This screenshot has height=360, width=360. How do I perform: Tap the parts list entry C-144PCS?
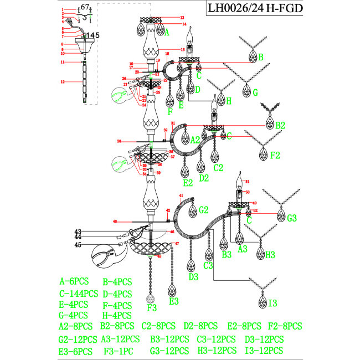pos(79,294)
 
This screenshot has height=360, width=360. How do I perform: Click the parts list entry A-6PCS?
pos(74,282)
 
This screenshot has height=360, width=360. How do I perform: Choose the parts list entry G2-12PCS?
pos(78,339)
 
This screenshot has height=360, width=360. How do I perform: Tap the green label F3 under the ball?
pos(152,307)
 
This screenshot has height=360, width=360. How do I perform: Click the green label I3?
pos(272,303)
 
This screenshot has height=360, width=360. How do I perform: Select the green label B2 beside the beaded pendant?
pos(280,125)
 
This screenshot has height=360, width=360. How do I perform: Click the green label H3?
pos(270,255)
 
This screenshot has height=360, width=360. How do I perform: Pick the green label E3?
pos(173,301)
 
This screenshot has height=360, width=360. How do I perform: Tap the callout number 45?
pos(78,245)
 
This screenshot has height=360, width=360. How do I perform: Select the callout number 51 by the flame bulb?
pos(248,181)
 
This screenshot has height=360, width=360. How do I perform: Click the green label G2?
pos(203,210)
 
